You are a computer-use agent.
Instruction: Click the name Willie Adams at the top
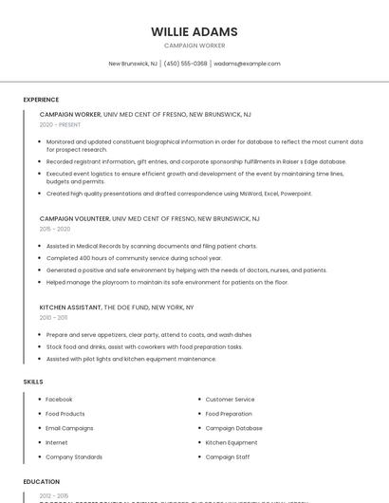click(194, 31)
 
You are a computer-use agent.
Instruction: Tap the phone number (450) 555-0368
click(185, 64)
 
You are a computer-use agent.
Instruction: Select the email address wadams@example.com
click(247, 64)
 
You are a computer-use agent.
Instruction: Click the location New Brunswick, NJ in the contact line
click(133, 64)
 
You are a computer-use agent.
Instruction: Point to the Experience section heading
click(41, 100)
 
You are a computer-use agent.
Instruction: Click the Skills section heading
click(33, 382)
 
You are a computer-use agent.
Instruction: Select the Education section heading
click(41, 481)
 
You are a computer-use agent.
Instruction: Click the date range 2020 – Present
click(60, 124)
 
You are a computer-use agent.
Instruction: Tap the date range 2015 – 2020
click(55, 229)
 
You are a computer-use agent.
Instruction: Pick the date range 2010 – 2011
click(54, 318)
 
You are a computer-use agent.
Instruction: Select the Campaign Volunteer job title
click(75, 218)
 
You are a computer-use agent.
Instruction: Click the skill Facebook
click(59, 400)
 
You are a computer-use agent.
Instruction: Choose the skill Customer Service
click(230, 400)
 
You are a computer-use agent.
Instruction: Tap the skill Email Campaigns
click(69, 428)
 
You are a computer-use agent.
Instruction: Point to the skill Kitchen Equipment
click(231, 442)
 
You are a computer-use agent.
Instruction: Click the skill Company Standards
click(74, 456)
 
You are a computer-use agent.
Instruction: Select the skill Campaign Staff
click(227, 456)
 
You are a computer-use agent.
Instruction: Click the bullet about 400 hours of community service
click(134, 258)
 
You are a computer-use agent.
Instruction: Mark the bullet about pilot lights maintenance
click(131, 359)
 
